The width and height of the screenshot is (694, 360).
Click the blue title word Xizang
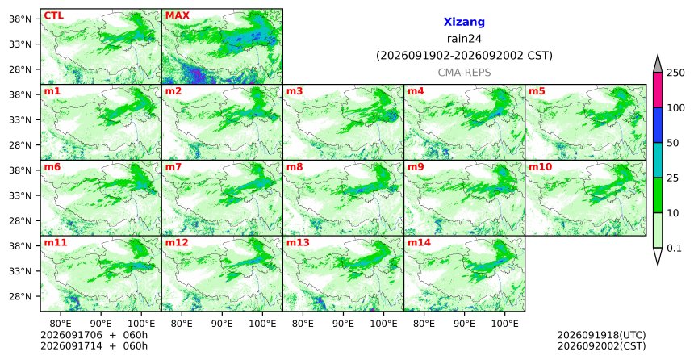click(464, 22)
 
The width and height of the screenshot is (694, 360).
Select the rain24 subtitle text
click(464, 39)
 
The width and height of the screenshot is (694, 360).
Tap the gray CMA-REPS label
click(464, 73)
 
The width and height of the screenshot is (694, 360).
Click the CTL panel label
click(53, 16)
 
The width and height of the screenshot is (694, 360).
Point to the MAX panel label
click(177, 16)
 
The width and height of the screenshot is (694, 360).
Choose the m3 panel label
click(295, 92)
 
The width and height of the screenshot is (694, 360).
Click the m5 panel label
click(537, 92)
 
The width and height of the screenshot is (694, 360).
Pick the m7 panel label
click(173, 167)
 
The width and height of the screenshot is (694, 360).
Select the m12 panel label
click(177, 243)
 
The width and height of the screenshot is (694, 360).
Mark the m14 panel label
click(419, 243)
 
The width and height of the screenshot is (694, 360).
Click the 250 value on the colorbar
click(675, 73)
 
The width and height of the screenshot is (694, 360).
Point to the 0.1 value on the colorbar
click(674, 248)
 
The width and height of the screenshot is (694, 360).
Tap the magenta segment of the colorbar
click(658, 90)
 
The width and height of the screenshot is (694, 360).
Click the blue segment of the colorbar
click(658, 125)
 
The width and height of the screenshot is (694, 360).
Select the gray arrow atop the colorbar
click(658, 65)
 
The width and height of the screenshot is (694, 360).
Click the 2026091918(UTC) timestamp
click(601, 335)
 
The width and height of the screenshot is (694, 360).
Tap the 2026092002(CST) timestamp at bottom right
click(601, 345)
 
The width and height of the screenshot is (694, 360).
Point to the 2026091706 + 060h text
click(94, 335)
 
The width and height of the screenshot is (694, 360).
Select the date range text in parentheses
click(464, 56)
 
